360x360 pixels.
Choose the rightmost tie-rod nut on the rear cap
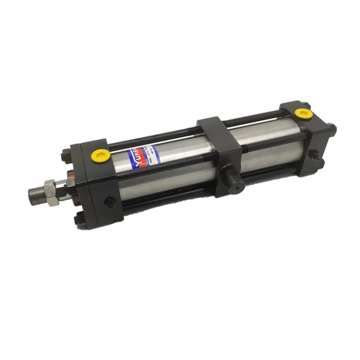[x=331, y=128]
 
